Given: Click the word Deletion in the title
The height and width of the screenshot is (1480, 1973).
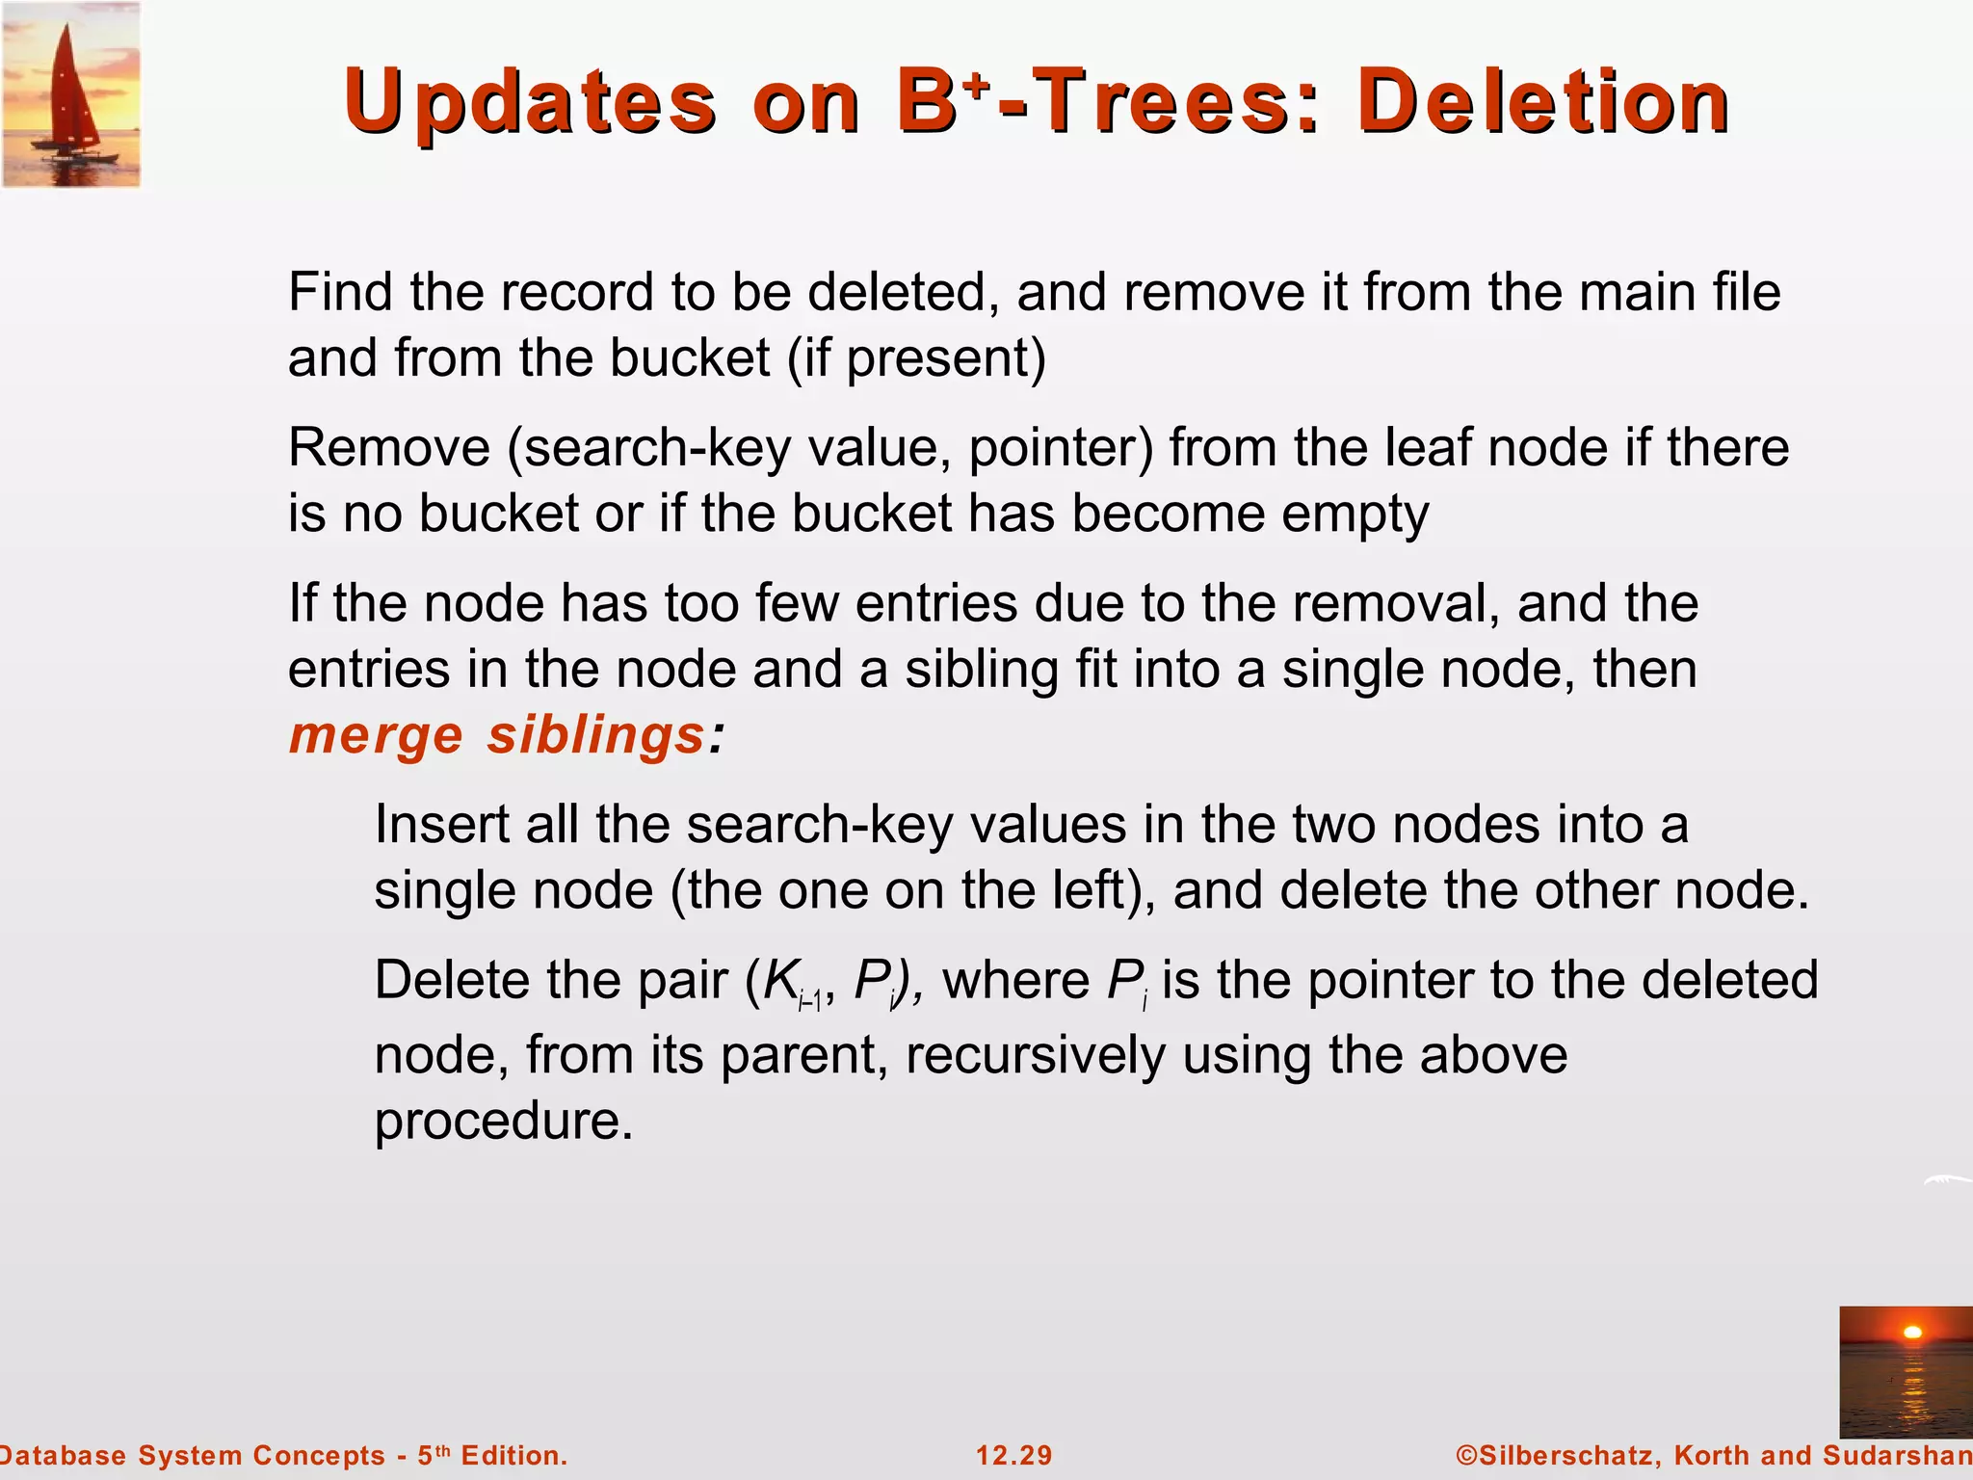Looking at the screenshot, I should [x=1543, y=102].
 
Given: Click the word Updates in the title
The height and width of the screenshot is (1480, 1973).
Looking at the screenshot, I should [x=529, y=102].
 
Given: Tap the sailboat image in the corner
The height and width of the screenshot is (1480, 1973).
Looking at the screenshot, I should [x=71, y=94].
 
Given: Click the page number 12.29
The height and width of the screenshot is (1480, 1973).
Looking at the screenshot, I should [x=1013, y=1455].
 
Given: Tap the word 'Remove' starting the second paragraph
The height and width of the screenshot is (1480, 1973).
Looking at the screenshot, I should [x=388, y=448].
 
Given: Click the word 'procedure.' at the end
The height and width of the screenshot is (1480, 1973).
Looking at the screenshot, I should [x=504, y=1121].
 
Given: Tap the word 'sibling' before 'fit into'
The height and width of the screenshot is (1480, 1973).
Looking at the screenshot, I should [x=982, y=670].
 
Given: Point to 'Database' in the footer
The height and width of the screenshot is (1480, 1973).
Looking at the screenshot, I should [x=63, y=1455].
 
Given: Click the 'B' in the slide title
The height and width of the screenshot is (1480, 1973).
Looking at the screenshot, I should [x=924, y=102].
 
